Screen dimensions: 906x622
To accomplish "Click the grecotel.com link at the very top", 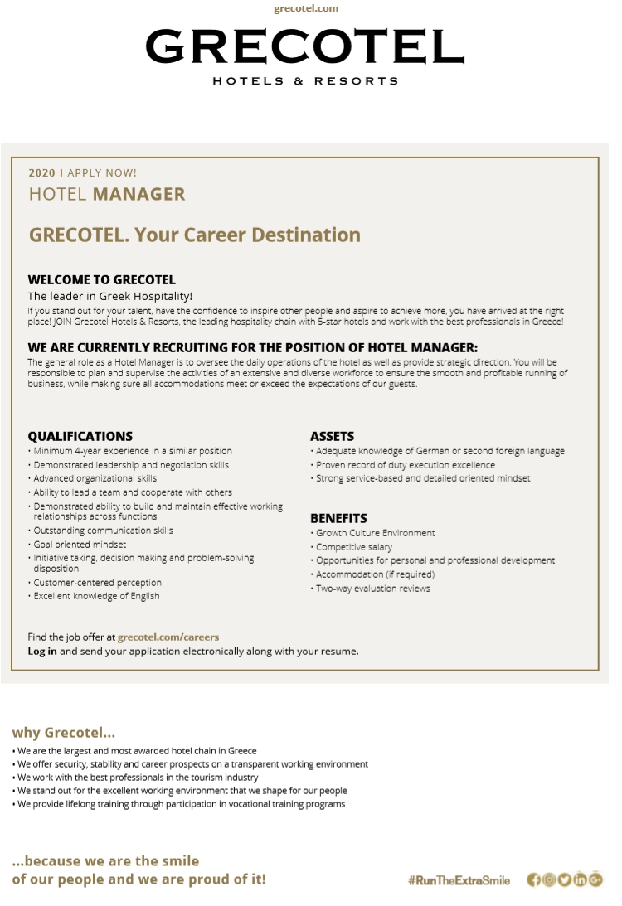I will click(306, 8).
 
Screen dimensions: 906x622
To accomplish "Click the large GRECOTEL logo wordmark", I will click(304, 47).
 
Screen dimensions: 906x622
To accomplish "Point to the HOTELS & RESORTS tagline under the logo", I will click(305, 81).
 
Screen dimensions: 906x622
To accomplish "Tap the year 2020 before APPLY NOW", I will click(41, 172).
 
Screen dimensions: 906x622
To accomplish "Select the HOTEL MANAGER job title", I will click(107, 194).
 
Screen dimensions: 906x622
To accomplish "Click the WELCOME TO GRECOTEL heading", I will click(101, 279).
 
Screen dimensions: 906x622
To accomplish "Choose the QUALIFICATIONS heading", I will click(80, 436).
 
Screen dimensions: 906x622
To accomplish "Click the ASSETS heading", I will click(332, 436).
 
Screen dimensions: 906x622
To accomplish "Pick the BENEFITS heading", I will click(338, 518).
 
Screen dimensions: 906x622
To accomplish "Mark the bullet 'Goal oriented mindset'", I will click(80, 545).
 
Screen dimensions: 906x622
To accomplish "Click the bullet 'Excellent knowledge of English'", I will click(96, 596).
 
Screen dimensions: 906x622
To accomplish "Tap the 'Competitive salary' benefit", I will click(354, 547).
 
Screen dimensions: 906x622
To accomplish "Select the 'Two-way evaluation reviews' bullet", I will click(372, 589).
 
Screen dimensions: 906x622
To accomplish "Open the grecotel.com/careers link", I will click(168, 637).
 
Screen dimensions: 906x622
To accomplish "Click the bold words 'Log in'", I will click(42, 652).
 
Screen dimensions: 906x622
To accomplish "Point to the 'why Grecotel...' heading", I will click(63, 733).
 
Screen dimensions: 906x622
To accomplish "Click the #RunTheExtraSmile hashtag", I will click(459, 880).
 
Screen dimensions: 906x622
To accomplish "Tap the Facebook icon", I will click(534, 879).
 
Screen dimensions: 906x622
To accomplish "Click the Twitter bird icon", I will click(564, 879).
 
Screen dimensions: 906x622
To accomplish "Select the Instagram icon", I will click(549, 879).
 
